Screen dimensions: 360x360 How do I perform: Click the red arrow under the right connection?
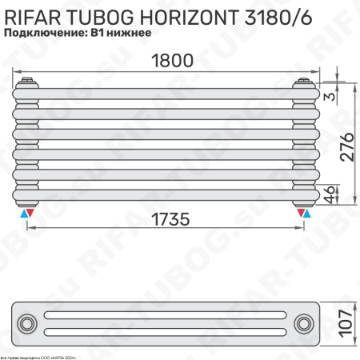coord(300,214)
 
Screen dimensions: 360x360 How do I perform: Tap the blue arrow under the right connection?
coord(307,214)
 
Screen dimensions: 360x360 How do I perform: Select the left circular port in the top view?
coord(28,323)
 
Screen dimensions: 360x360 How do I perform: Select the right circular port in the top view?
coord(304,323)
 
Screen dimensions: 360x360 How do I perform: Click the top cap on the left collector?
coord(27,81)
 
